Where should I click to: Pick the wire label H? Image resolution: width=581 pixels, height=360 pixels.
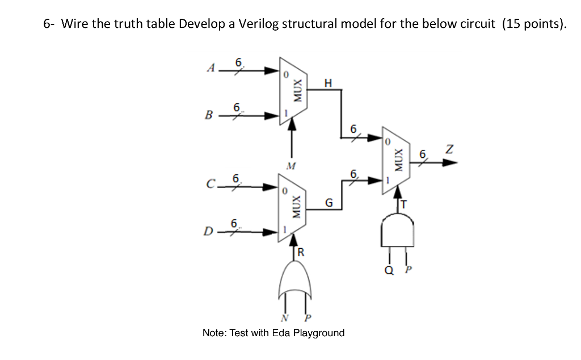327,83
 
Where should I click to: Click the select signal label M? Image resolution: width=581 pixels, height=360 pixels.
292,166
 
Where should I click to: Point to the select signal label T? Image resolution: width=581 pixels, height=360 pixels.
405,203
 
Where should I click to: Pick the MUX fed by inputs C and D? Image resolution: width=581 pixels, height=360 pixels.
292,208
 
